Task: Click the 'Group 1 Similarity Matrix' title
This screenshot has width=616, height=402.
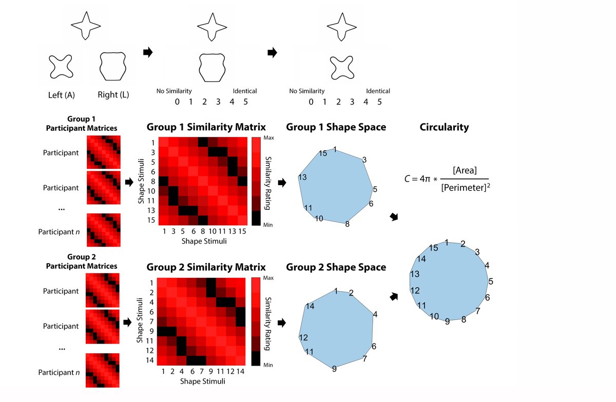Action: [x=206, y=127]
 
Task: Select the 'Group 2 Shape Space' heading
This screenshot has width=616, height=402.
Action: [x=336, y=267]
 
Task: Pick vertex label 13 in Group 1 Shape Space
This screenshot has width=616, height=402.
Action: [x=302, y=177]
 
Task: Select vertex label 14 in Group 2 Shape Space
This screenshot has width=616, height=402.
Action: [x=309, y=307]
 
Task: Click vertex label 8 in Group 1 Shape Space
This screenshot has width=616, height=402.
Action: [x=348, y=224]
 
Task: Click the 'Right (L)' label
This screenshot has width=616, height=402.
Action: [x=114, y=95]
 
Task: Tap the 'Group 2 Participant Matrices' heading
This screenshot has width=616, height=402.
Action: [x=81, y=262]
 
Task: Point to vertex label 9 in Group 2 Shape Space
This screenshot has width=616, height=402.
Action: [x=334, y=368]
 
